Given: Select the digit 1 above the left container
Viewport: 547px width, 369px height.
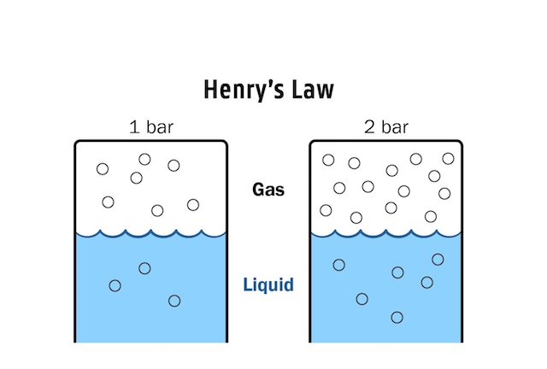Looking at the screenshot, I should [133, 129].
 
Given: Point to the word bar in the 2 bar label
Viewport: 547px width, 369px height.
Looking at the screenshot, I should [395, 129].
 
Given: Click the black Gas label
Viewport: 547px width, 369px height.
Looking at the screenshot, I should [268, 190].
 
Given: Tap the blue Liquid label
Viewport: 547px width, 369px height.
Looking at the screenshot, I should [268, 284].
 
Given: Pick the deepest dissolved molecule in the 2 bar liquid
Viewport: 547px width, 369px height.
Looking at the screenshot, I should [397, 318].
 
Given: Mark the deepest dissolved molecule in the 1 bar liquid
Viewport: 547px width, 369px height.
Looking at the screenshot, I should [174, 301].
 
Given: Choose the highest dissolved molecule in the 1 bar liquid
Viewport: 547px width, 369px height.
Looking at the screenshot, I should [144, 268].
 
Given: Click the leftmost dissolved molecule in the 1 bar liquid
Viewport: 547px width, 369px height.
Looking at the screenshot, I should [115, 285].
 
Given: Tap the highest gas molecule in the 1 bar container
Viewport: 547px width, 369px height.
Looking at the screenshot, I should [144, 159].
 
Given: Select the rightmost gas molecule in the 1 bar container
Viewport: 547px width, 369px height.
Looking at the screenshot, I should [193, 204].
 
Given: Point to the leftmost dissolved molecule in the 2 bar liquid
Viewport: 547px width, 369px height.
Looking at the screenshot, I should [338, 265].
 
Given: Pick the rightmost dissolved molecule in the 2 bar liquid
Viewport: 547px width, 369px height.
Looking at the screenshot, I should [438, 260].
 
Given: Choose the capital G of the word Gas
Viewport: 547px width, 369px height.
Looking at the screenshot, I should [257, 190].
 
